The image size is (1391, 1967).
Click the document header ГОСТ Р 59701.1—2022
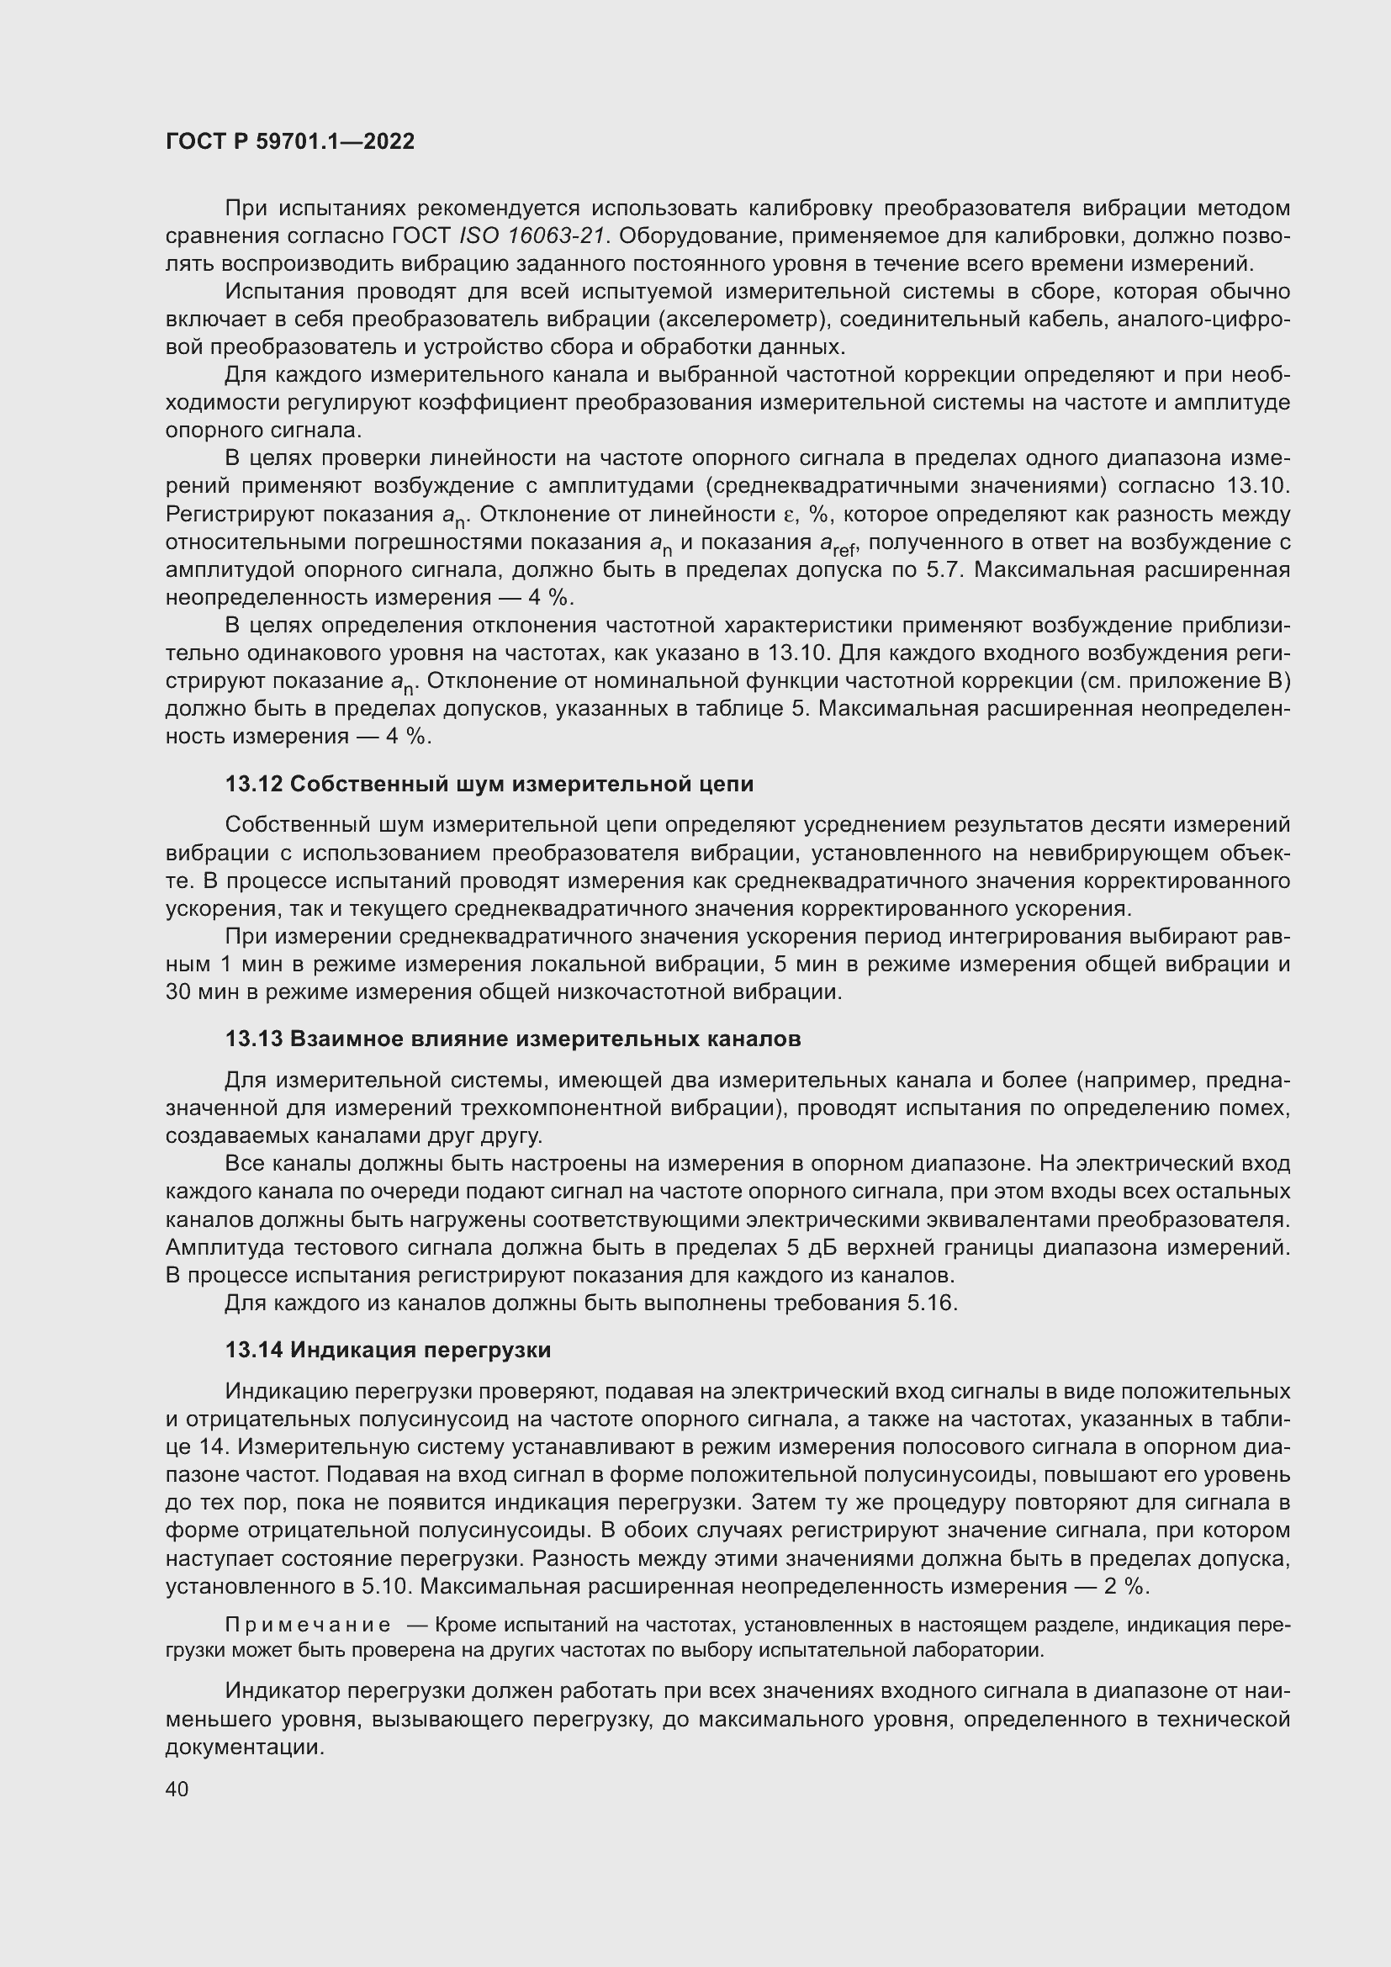289,142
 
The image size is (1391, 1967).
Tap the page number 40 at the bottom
177,1789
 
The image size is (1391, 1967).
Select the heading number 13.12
254,784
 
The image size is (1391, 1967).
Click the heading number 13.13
254,1039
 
